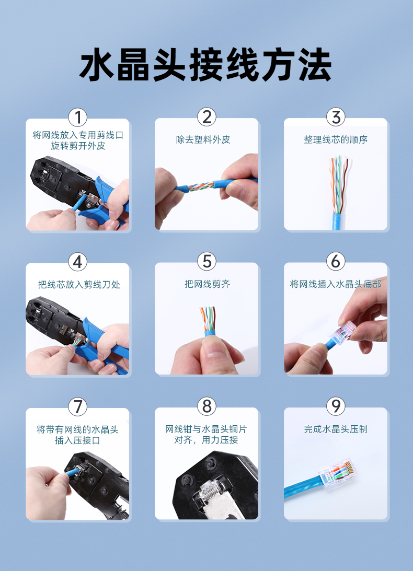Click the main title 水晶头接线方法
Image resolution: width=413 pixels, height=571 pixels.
click(x=205, y=65)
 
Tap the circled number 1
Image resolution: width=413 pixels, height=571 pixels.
click(x=78, y=117)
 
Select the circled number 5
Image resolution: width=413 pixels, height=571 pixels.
click(x=206, y=261)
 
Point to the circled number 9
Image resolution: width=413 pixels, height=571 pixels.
click(x=336, y=406)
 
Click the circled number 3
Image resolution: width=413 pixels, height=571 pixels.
click(x=336, y=117)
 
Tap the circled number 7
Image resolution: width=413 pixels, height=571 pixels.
click(x=78, y=406)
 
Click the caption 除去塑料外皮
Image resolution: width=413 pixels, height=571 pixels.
click(x=203, y=139)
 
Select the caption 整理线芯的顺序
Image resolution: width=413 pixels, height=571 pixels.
click(x=336, y=139)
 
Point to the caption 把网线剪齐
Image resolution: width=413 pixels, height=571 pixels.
click(x=208, y=284)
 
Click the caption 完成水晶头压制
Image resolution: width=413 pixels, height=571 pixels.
click(x=336, y=429)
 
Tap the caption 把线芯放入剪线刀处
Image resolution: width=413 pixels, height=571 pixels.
click(x=79, y=284)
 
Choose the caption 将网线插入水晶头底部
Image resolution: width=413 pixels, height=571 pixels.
click(x=336, y=284)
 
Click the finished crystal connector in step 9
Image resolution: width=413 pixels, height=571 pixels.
click(x=338, y=472)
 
